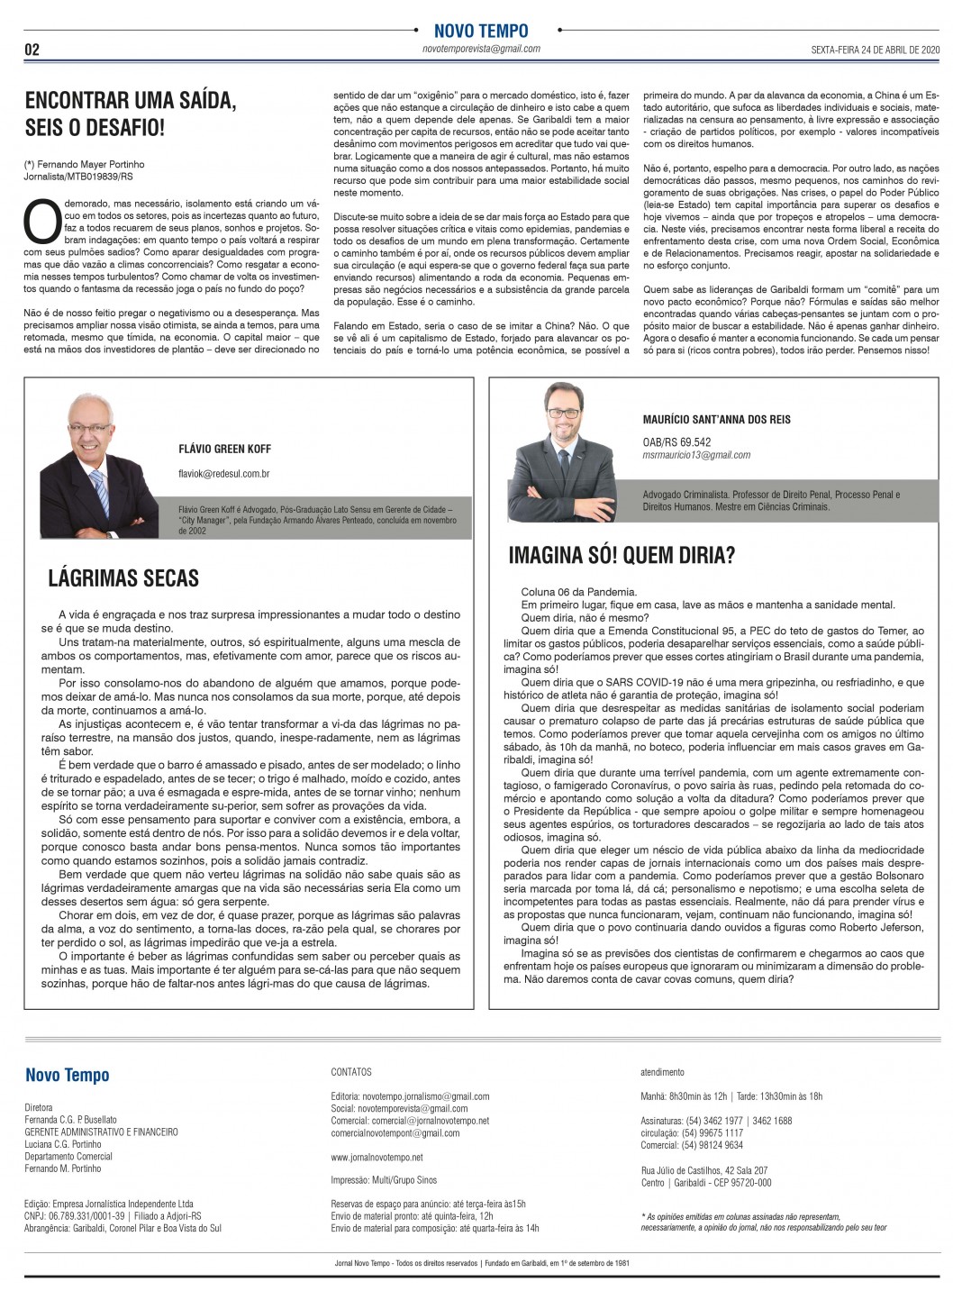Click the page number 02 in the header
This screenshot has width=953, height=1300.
[32, 50]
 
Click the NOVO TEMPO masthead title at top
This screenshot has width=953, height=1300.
[481, 32]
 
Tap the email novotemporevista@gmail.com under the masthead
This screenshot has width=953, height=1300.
[481, 49]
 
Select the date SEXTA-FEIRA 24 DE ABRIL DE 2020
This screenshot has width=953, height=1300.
[863, 50]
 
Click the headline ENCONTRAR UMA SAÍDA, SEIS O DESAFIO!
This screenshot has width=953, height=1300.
[131, 114]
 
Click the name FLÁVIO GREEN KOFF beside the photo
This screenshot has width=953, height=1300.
[224, 449]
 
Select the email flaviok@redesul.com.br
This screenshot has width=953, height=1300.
[224, 473]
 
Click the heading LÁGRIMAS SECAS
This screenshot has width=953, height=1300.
[123, 577]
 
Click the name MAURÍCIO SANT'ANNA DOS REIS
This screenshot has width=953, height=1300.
[717, 420]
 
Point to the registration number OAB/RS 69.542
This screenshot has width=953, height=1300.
[676, 442]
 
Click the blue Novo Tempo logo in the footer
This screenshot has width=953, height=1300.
[68, 1075]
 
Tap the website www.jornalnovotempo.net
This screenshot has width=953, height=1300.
[377, 1157]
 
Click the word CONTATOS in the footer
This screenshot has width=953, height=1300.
[351, 1072]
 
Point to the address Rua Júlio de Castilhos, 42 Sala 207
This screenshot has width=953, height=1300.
[703, 1170]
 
